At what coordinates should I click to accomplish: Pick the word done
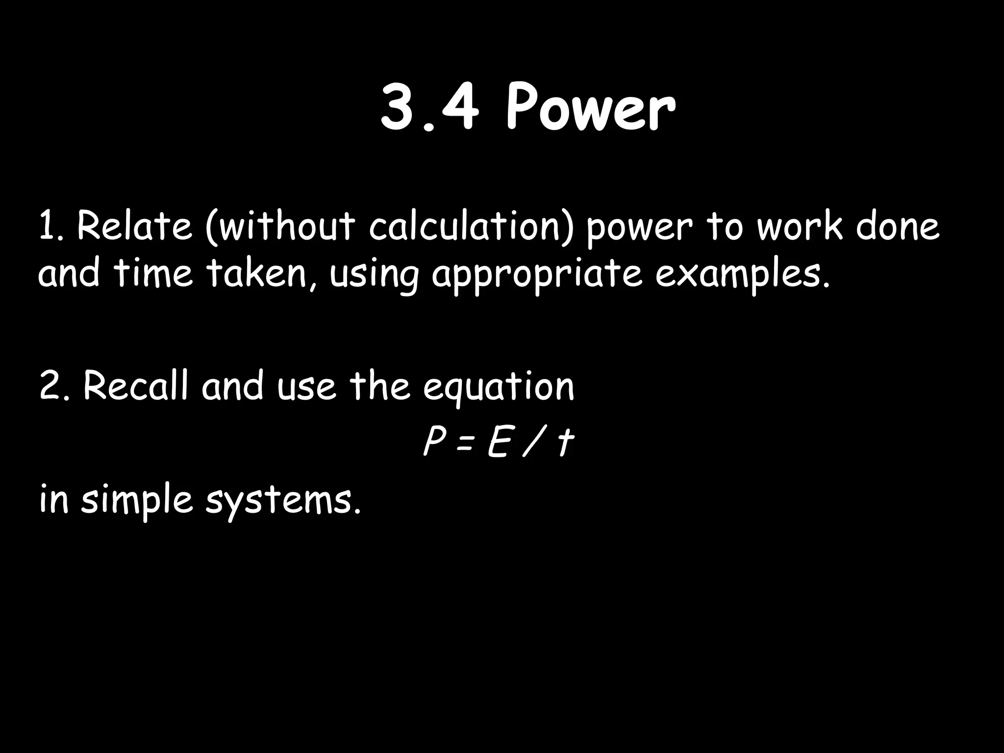coord(898,226)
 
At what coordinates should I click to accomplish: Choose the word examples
coord(743,275)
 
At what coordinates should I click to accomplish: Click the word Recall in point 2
coord(135,386)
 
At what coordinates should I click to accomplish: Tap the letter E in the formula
coord(497,444)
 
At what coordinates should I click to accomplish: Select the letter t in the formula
coord(565,444)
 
